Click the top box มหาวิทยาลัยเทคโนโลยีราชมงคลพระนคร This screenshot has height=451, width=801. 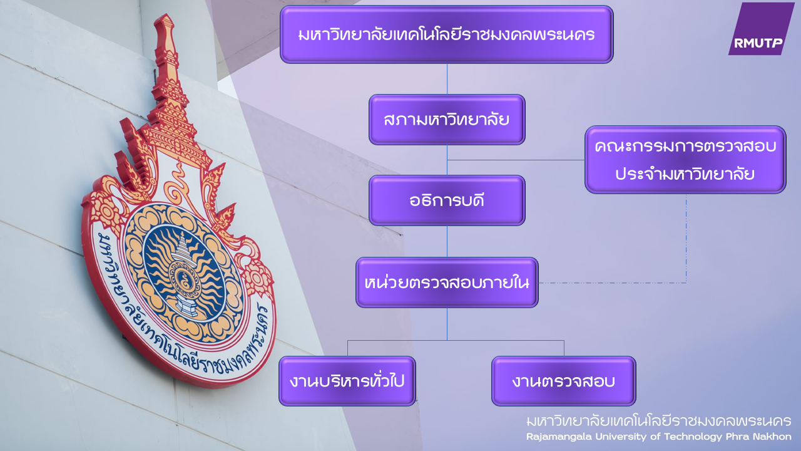(x=447, y=34)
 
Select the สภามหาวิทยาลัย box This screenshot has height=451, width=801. (x=447, y=120)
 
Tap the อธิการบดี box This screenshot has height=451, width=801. (x=447, y=200)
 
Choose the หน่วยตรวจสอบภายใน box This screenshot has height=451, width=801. (x=447, y=283)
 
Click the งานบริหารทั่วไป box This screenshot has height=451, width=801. (x=347, y=381)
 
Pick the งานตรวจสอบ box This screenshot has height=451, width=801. (x=564, y=381)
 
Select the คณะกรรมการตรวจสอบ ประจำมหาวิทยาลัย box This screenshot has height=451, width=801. (x=685, y=160)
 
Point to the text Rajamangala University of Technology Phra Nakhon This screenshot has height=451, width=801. (x=659, y=437)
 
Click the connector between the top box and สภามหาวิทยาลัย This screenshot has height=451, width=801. (x=447, y=79)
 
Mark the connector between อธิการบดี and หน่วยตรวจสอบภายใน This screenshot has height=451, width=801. (x=447, y=242)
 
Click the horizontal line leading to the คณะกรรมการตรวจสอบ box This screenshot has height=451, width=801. (x=516, y=160)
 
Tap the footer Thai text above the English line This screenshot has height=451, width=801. (x=659, y=421)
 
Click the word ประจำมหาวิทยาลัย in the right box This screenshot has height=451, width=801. (x=685, y=174)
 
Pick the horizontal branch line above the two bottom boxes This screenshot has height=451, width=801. (x=456, y=340)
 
